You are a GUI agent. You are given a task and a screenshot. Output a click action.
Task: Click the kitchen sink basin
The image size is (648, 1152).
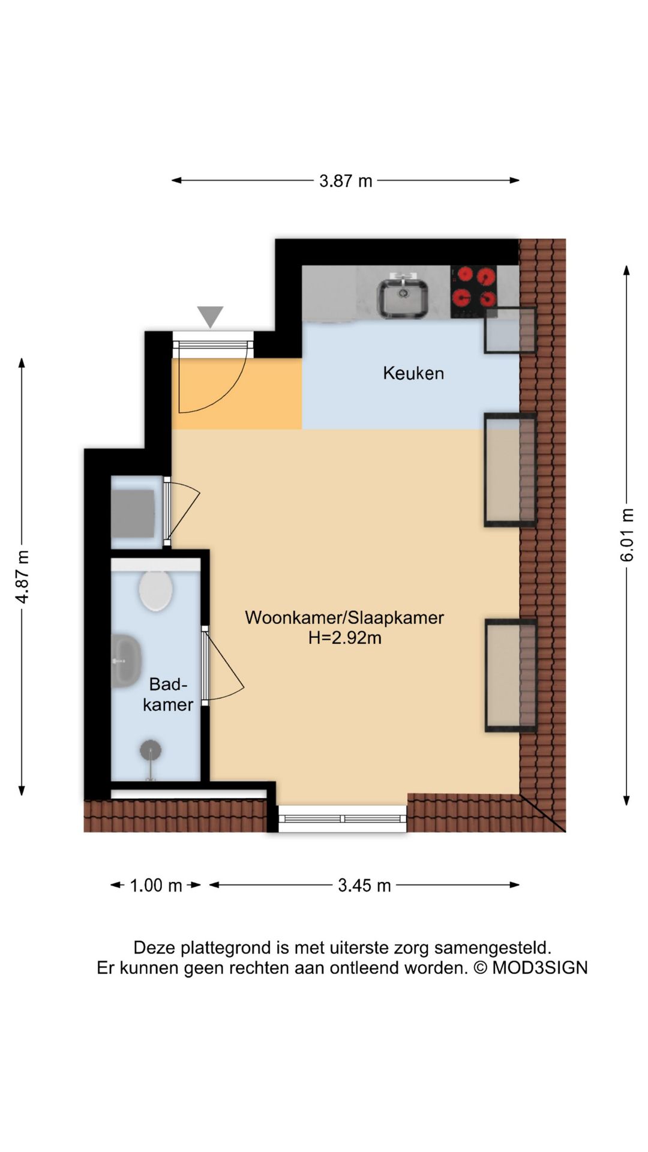[x=403, y=298]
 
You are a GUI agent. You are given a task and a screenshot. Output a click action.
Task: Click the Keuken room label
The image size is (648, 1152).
[x=413, y=373]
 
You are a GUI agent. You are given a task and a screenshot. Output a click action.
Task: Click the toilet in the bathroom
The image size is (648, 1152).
[x=156, y=590]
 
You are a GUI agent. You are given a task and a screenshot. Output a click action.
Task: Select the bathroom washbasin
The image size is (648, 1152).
[x=126, y=661]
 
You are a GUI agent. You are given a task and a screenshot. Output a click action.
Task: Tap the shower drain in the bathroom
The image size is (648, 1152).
[x=151, y=750]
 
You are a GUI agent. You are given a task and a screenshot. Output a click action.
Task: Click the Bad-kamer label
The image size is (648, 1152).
[x=168, y=694]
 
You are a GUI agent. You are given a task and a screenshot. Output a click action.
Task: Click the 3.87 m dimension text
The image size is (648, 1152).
[x=346, y=181]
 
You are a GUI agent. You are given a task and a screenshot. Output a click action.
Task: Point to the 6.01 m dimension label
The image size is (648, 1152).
[x=626, y=535]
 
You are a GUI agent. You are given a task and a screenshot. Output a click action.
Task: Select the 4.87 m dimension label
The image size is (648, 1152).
[x=22, y=577]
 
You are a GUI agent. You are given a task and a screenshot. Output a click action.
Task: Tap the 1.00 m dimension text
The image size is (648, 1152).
[x=156, y=885]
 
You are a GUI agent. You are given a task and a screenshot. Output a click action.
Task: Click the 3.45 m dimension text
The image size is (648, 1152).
[x=364, y=885]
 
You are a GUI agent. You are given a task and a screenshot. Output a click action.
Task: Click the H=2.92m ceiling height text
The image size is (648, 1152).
[x=345, y=637]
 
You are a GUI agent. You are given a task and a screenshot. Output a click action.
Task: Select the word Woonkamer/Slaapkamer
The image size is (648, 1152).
[x=344, y=617]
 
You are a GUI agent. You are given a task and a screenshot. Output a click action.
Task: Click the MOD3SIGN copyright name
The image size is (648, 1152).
[x=540, y=968]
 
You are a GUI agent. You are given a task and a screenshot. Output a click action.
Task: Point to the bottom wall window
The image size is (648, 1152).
[x=343, y=818]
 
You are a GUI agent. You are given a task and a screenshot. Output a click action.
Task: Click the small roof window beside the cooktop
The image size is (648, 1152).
[x=510, y=329]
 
